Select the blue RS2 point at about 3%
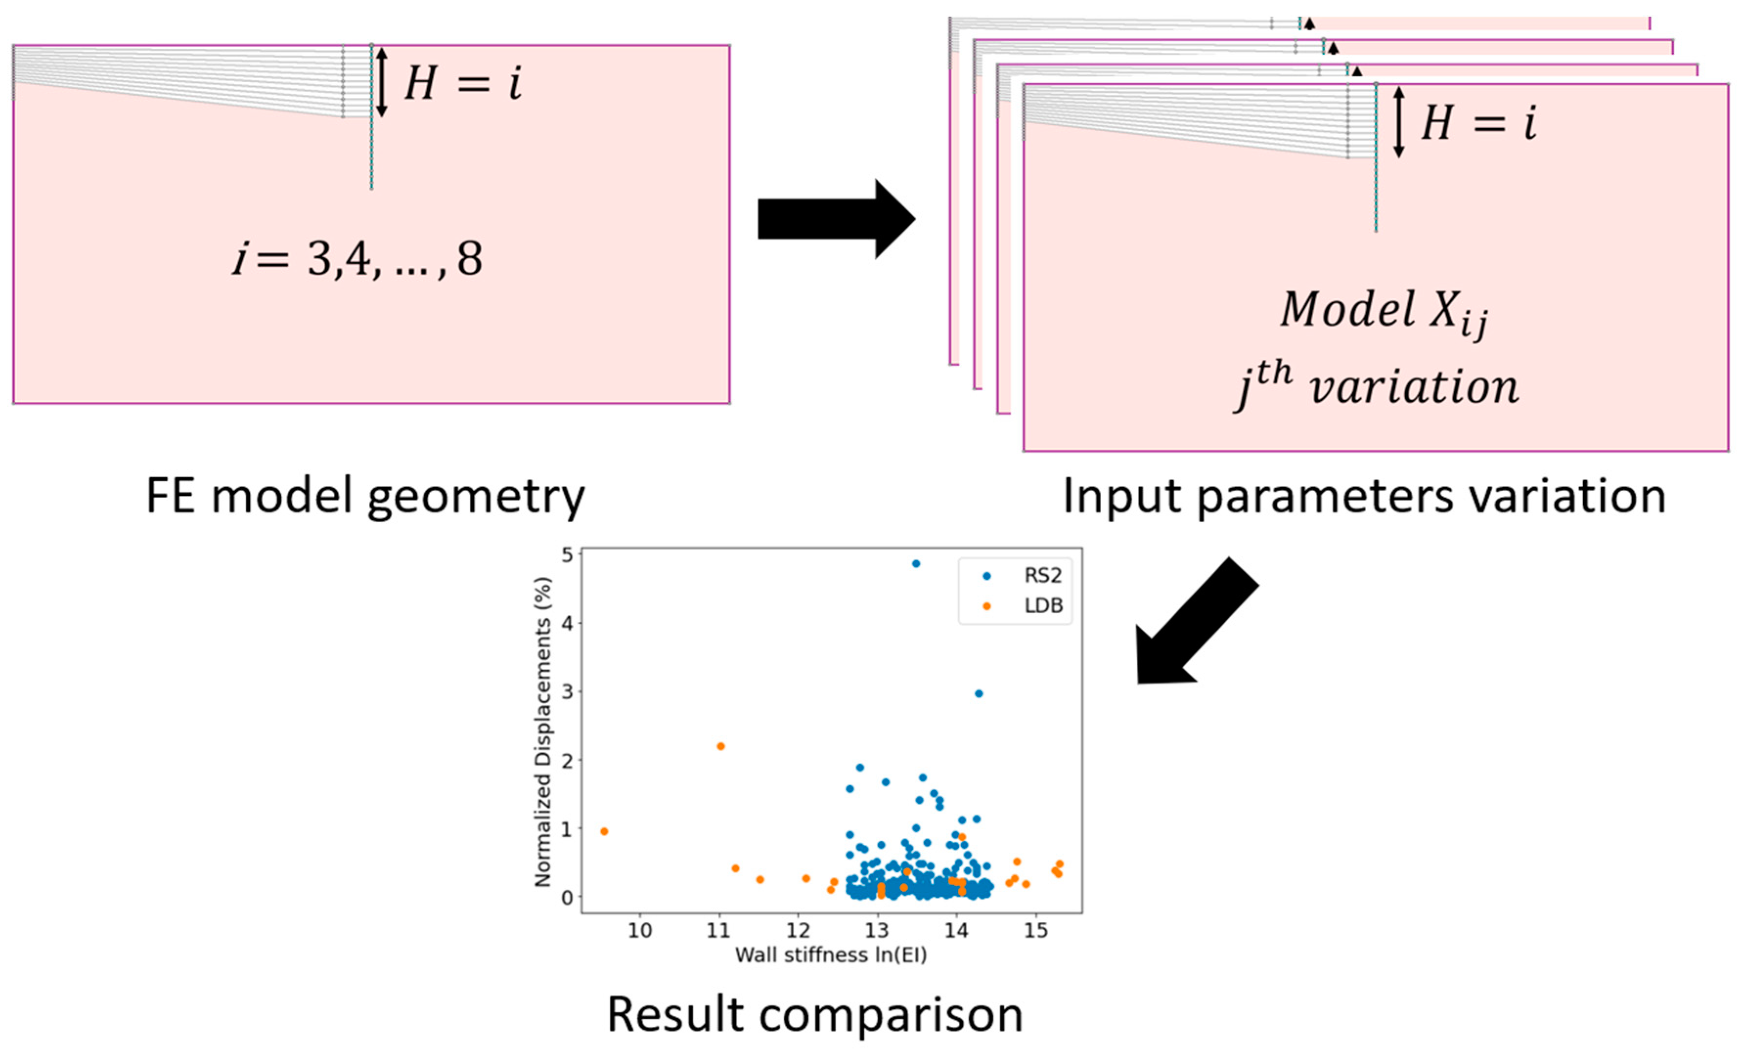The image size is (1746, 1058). (978, 694)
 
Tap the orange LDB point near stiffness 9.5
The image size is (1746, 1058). (604, 831)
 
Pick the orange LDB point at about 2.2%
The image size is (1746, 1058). (721, 746)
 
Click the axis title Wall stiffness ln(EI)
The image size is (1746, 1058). (831, 955)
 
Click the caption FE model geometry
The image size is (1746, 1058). (365, 497)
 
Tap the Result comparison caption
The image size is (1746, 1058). (815, 1015)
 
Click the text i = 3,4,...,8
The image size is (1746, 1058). (358, 259)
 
